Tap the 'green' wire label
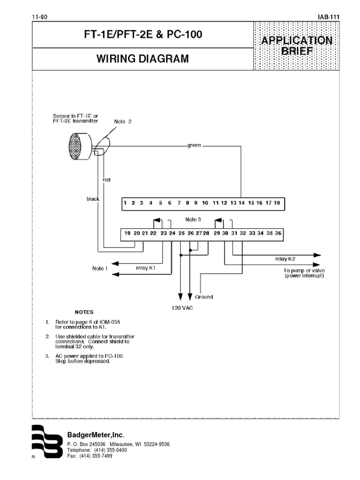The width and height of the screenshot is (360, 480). click(x=194, y=145)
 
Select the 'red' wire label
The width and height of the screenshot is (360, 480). click(x=106, y=180)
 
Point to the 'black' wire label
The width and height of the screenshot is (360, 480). click(x=93, y=199)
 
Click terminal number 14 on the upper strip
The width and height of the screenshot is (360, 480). click(x=241, y=203)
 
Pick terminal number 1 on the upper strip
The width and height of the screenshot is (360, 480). click(x=125, y=203)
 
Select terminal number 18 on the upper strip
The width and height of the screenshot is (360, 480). click(x=277, y=203)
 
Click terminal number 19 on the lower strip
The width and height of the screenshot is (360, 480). click(x=127, y=233)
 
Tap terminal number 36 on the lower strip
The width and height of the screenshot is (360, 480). click(x=278, y=233)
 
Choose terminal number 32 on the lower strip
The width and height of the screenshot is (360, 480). click(x=242, y=233)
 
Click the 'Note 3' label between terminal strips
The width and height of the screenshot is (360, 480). click(x=193, y=219)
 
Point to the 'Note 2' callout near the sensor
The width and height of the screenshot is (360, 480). click(x=123, y=121)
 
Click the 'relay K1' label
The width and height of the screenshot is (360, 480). click(x=145, y=268)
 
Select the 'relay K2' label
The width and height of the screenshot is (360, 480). click(x=285, y=258)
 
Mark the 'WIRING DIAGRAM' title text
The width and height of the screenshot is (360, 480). click(x=142, y=59)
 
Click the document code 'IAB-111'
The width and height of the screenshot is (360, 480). click(x=328, y=17)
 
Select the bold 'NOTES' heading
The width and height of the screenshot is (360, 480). click(x=84, y=312)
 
